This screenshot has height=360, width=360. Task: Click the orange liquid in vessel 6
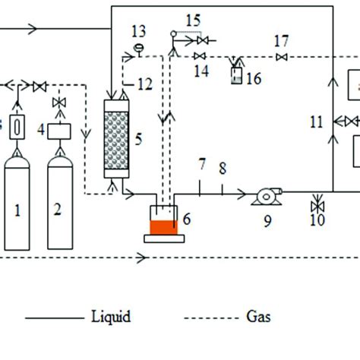tap(163, 226)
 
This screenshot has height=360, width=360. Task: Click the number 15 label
tap(194, 17)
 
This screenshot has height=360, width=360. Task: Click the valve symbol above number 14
tap(201, 57)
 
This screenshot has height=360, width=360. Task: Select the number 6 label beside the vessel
tap(187, 219)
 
